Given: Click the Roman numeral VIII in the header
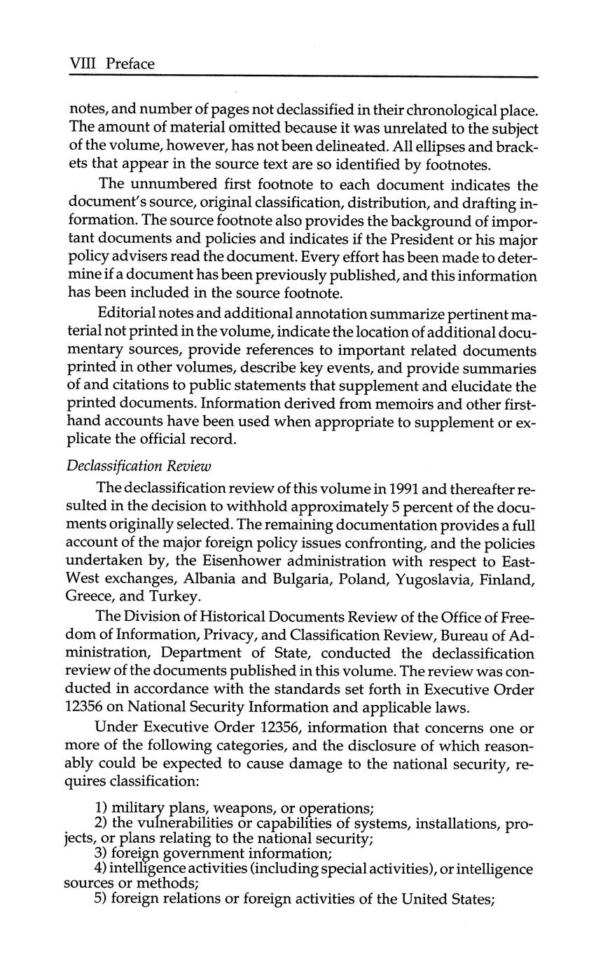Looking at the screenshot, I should tap(83, 64).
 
